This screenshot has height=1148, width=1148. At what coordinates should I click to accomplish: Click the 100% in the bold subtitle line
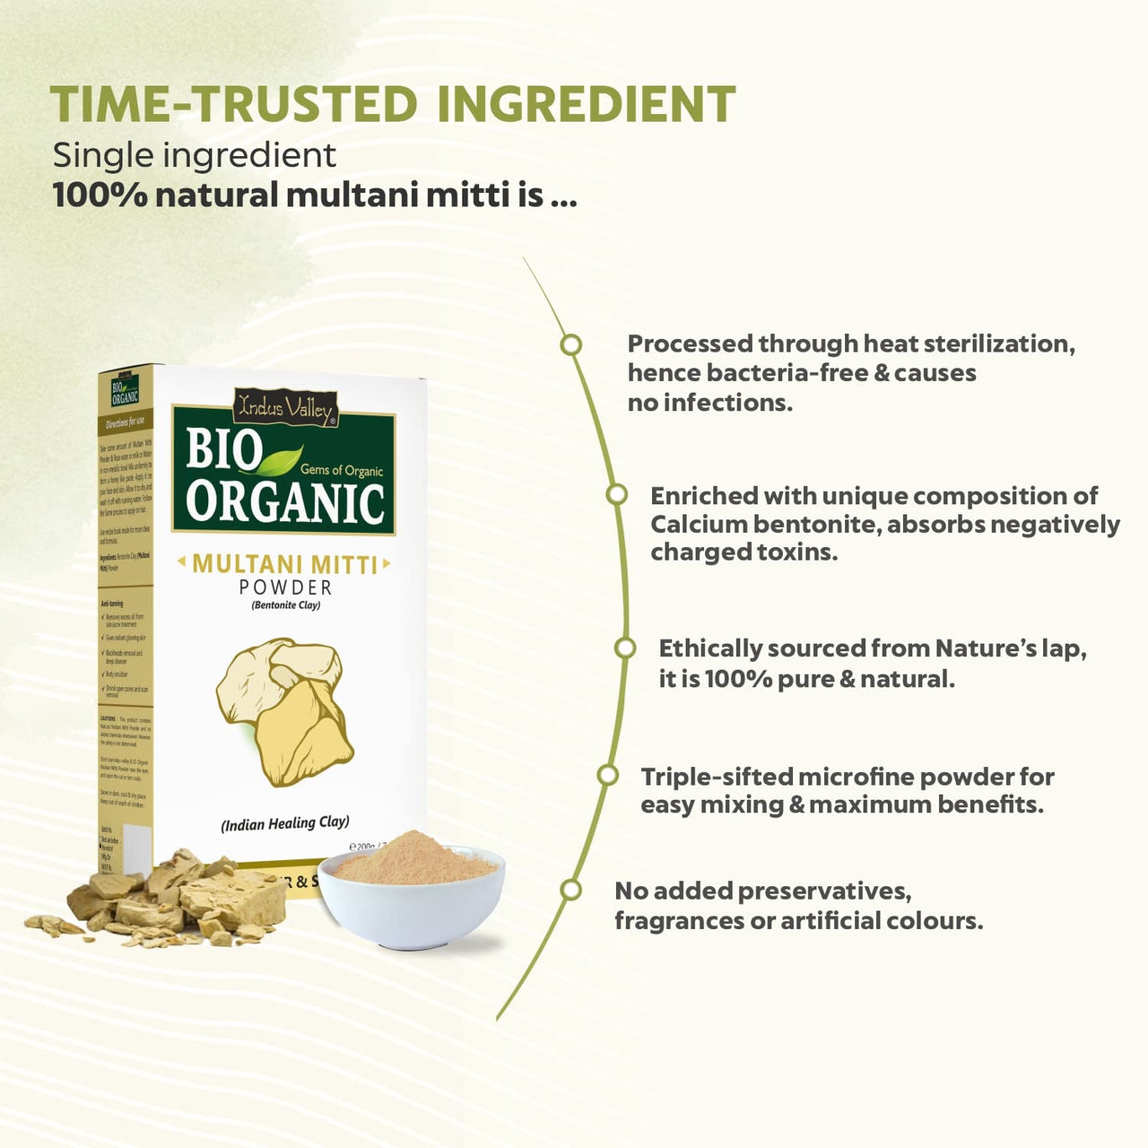point(100,195)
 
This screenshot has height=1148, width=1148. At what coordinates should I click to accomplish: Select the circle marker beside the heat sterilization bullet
point(570,345)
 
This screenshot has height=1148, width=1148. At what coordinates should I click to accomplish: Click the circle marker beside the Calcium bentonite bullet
point(616,494)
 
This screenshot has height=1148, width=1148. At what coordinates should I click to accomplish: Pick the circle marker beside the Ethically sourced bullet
point(625,648)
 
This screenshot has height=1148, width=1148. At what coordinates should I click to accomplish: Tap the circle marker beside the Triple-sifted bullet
point(607,775)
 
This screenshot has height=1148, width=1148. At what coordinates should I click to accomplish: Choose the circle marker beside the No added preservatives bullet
point(570,890)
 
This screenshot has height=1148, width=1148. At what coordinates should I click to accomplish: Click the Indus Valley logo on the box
point(284,408)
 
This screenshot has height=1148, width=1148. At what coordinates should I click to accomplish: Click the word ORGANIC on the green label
point(285,502)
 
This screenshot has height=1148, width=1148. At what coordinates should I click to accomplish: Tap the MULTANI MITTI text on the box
point(284,564)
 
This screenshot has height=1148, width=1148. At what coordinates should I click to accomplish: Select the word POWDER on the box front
point(285,587)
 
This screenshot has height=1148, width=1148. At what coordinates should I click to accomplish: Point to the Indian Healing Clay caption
point(285,822)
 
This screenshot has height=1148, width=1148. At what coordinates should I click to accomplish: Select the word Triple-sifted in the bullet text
point(716,777)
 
